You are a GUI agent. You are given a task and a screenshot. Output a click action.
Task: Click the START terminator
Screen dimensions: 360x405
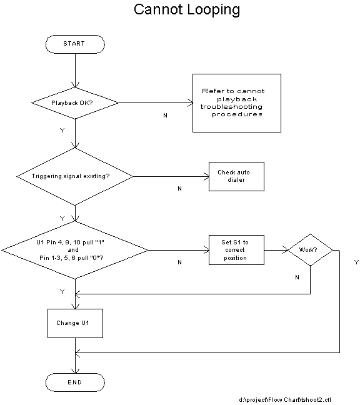(75, 44)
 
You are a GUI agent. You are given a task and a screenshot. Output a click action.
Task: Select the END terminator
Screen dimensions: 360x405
(75, 382)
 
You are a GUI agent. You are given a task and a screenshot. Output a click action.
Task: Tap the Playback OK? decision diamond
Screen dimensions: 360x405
(75, 103)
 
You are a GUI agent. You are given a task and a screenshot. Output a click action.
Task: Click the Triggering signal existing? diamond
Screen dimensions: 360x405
(75, 177)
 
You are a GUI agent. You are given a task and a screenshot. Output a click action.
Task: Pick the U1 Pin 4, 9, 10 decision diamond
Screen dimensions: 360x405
(75, 250)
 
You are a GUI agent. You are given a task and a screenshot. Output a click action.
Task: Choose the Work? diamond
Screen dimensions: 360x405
(310, 250)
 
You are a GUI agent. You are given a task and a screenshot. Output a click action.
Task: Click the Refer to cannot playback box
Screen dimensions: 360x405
(237, 103)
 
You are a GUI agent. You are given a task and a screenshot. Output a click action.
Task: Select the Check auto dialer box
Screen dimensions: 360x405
(236, 177)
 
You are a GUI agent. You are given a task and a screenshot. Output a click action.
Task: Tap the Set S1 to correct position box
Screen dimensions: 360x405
(236, 250)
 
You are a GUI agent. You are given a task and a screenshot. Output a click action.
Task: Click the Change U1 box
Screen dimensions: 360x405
(75, 323)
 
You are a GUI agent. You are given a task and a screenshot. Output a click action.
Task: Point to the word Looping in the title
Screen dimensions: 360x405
(214, 10)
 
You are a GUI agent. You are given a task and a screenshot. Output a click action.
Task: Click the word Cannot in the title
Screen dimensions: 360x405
(158, 9)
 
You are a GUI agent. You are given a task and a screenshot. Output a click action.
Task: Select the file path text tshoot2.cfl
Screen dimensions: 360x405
(316, 400)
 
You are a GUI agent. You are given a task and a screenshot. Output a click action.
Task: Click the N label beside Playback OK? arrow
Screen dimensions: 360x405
(165, 116)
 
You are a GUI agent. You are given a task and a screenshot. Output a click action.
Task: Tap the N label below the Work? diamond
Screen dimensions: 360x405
(297, 277)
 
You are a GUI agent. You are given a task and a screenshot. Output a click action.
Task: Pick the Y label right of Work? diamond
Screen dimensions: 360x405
(357, 262)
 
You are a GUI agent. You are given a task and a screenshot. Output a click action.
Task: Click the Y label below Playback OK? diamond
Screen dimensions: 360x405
(62, 131)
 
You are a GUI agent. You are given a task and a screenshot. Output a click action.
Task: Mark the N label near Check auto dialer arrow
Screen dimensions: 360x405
(180, 189)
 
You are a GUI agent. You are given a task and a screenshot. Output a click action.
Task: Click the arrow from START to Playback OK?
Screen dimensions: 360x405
(75, 71)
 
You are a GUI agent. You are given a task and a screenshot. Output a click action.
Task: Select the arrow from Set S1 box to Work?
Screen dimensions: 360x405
(276, 250)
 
